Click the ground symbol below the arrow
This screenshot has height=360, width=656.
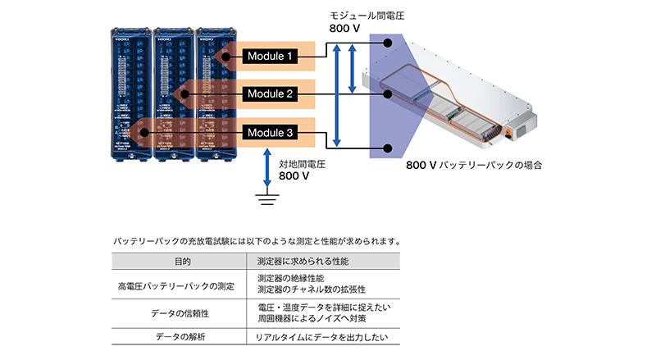266,196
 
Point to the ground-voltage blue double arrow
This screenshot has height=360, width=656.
266,167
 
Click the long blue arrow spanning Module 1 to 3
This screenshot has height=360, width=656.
337,94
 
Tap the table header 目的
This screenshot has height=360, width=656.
182,262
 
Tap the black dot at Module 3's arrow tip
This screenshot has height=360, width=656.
144,131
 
